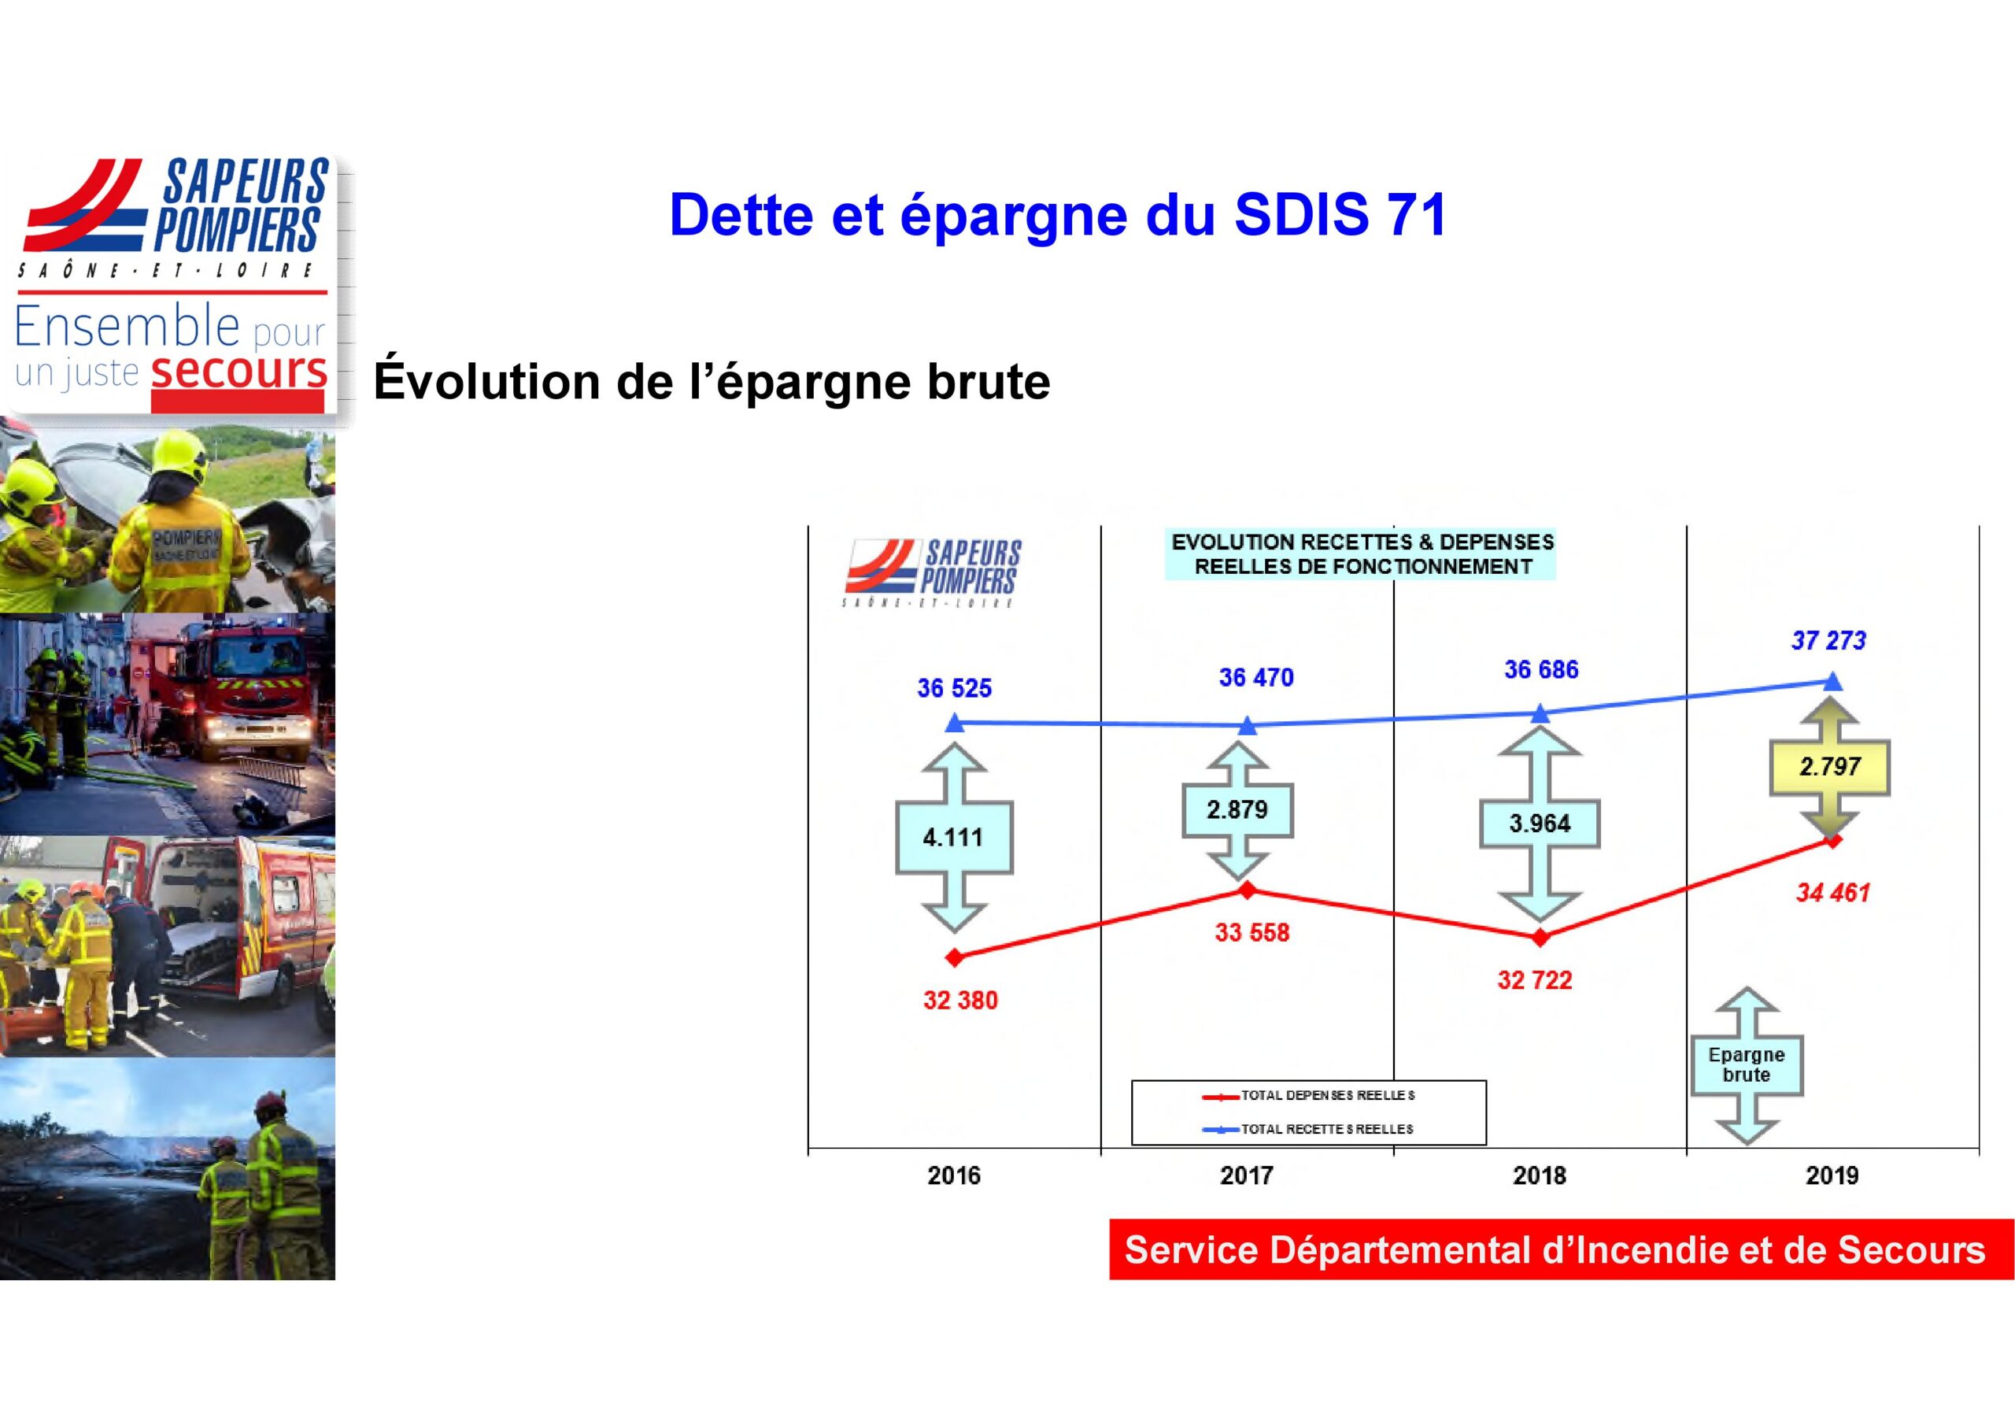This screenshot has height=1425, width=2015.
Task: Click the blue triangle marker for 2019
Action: click(x=1832, y=681)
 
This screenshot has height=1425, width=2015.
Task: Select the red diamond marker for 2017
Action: click(x=1247, y=890)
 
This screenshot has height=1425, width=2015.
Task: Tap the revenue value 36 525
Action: click(x=954, y=688)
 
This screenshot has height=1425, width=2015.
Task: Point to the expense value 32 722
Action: click(x=1534, y=980)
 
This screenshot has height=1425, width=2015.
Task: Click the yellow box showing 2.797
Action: click(x=1830, y=767)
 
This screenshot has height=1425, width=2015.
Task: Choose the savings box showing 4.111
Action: click(x=954, y=838)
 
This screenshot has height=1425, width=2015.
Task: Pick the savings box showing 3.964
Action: click(x=1540, y=824)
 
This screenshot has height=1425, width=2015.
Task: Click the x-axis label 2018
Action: click(x=1540, y=1175)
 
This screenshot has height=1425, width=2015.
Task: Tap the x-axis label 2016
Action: click(x=954, y=1175)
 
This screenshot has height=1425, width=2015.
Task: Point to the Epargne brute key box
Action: click(x=1747, y=1065)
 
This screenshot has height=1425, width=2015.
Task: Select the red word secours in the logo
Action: click(x=238, y=371)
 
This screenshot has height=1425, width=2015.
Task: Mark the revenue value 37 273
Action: click(x=1829, y=641)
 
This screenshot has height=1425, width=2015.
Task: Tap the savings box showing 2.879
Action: click(x=1237, y=809)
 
